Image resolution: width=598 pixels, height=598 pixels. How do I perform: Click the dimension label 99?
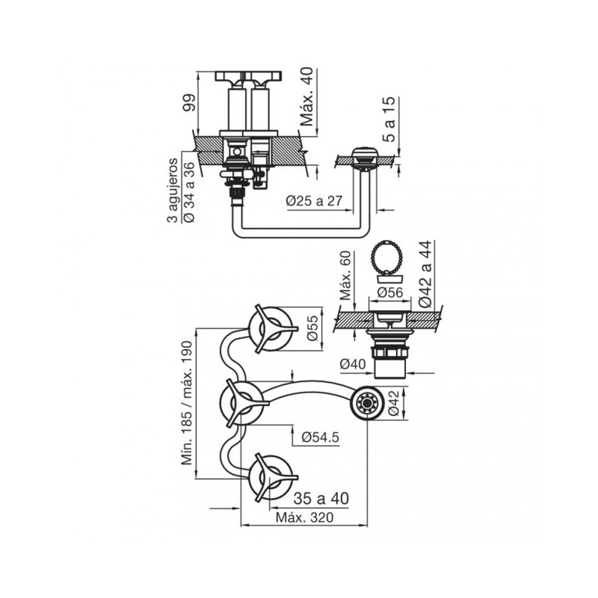[x=189, y=102]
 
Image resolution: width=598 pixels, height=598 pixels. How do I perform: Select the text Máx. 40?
[x=306, y=96]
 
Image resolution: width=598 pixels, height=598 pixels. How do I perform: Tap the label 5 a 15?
[x=389, y=120]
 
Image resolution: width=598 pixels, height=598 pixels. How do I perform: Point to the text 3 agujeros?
[x=173, y=191]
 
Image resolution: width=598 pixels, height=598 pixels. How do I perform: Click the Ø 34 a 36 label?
[x=189, y=193]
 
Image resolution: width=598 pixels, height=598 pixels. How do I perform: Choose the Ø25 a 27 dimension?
[x=315, y=201]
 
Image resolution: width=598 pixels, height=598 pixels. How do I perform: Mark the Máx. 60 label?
[x=345, y=275]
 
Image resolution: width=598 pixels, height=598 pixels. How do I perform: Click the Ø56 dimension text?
[x=389, y=292]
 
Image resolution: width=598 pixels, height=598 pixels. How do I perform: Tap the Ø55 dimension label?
[x=312, y=328]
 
